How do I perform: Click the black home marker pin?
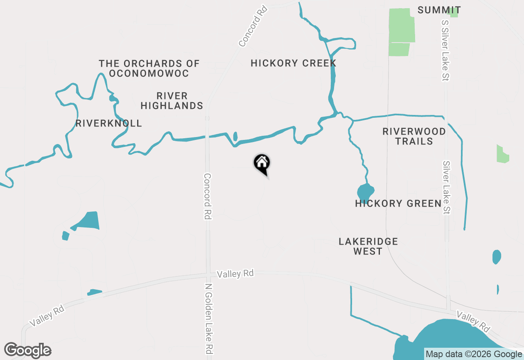(262, 164)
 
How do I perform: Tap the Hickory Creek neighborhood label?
(293, 63)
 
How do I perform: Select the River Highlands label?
(172, 101)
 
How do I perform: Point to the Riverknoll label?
(108, 123)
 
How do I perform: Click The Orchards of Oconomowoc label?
(149, 68)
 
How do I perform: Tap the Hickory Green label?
(398, 203)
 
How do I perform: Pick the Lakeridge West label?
(368, 246)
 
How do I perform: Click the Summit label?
(439, 10)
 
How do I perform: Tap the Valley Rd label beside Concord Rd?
(235, 274)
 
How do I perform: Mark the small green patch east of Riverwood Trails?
(502, 154)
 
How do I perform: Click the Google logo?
(28, 351)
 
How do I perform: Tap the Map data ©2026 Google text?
(474, 354)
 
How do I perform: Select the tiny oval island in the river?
(235, 136)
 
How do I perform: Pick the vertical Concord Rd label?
(208, 196)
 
